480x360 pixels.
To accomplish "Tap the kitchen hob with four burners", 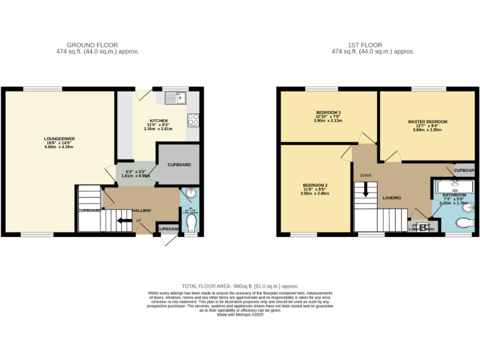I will tap(193, 119).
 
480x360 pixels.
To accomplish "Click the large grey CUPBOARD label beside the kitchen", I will tap(179, 164).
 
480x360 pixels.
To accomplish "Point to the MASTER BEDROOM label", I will tap(427, 121).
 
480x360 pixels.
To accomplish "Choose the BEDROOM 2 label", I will tap(314, 186).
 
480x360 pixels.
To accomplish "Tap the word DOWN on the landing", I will tap(366, 176).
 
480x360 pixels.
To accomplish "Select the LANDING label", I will tap(392, 198).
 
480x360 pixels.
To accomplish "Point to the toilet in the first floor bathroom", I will tap(464, 222).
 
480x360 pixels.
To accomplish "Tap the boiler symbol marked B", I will tap(425, 227).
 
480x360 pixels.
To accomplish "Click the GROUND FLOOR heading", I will tap(84, 45).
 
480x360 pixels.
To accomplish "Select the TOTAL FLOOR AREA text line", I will tap(240, 285).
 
